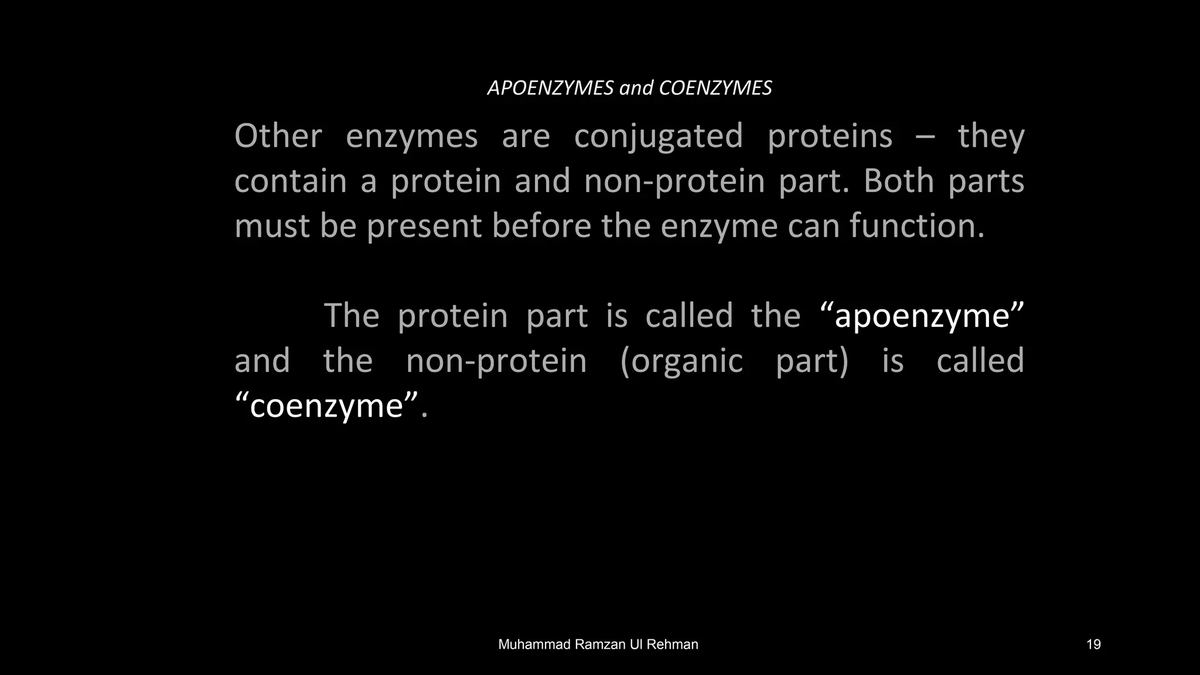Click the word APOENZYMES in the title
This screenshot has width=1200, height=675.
(550, 88)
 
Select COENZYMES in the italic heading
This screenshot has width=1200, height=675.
(715, 88)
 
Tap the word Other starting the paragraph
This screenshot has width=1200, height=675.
(278, 136)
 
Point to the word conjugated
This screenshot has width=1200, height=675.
(659, 137)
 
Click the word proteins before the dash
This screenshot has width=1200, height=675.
(830, 137)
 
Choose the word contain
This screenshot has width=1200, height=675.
(291, 181)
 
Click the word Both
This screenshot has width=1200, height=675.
(899, 181)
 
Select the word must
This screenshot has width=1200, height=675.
(272, 226)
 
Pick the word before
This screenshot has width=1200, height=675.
(542, 226)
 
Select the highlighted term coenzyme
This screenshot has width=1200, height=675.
(326, 406)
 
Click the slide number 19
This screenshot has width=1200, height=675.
(1093, 645)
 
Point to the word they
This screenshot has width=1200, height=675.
(991, 137)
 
